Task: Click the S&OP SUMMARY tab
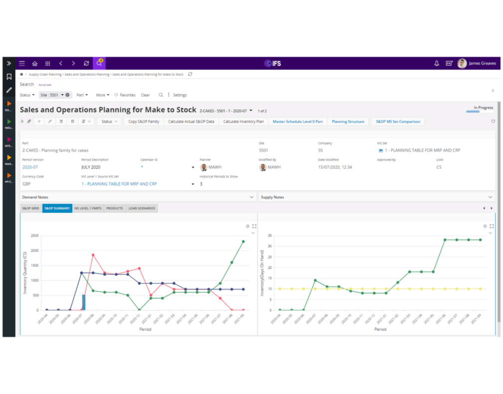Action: click(x=57, y=208)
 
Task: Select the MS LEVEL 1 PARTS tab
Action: click(x=88, y=208)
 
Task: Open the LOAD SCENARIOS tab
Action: click(x=142, y=208)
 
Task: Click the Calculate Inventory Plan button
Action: click(x=243, y=122)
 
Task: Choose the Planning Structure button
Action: click(x=348, y=122)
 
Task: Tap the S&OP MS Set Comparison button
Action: click(x=398, y=122)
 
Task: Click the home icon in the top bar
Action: click(x=35, y=64)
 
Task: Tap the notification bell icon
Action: click(x=437, y=64)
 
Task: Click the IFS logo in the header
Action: click(x=272, y=64)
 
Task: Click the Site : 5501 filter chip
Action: click(x=52, y=95)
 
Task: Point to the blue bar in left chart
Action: click(x=84, y=302)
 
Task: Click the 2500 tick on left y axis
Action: click(x=34, y=235)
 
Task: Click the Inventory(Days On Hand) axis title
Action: click(x=261, y=273)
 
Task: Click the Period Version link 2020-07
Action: click(x=30, y=168)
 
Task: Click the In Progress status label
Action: click(x=483, y=108)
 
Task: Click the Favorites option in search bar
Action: click(x=125, y=95)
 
